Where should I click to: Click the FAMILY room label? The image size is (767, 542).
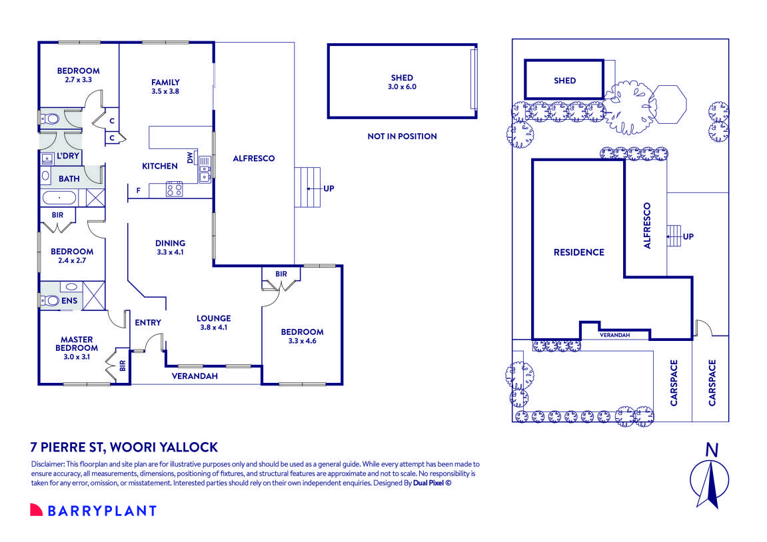pos(165,87)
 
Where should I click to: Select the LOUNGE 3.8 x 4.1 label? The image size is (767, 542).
pos(215,322)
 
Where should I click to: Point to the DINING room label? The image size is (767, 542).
pos(170,247)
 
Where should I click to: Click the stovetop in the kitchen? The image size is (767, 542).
pos(175,189)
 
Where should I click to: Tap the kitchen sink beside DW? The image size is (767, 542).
pos(203,169)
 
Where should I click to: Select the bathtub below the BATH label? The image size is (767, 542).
pos(60,198)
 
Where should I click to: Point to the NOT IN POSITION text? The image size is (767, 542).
pos(402,136)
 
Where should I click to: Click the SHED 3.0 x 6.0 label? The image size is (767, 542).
pos(402,82)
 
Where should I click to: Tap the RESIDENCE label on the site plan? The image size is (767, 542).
pos(578,252)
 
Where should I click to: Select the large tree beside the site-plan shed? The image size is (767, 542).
pos(630,107)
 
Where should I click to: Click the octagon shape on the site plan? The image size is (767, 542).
pos(668,103)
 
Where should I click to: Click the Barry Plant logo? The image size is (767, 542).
pos(93,511)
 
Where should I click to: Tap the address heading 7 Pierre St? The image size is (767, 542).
pos(125,447)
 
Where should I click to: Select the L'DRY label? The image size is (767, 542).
pos(68,156)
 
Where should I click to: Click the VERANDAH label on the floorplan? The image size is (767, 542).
pos(194,376)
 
